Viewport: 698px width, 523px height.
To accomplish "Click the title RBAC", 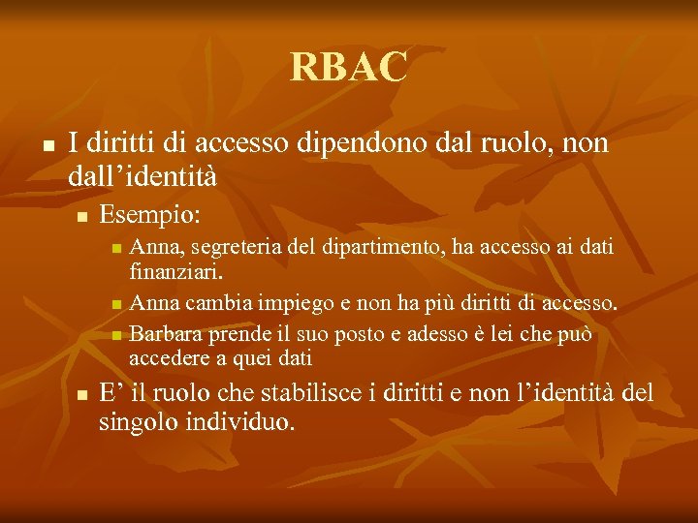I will click(349, 67).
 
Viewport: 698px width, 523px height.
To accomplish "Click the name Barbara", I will click(162, 335).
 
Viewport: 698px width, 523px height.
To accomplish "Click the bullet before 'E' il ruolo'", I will click(82, 394).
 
